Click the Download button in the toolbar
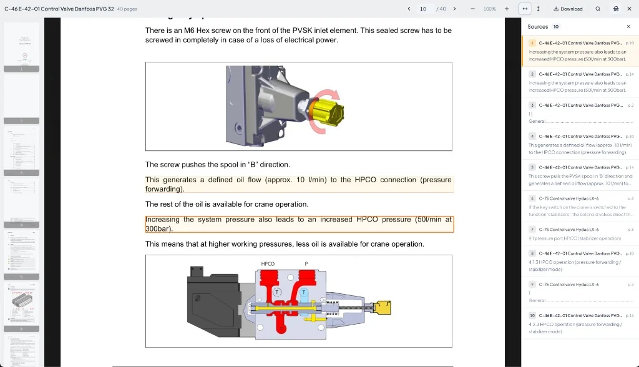pyautogui.click(x=568, y=9)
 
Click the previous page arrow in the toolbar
pyautogui.click(x=409, y=9)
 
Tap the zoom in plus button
pyautogui.click(x=506, y=9)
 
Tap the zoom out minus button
pyautogui.click(x=472, y=9)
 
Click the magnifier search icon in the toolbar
pyautogui.click(x=598, y=9)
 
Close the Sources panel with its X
pyautogui.click(x=628, y=27)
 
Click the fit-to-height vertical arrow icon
pyautogui.click(x=538, y=9)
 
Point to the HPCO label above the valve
pyautogui.click(x=268, y=264)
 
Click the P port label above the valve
pyautogui.click(x=306, y=264)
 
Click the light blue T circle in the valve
pyautogui.click(x=304, y=292)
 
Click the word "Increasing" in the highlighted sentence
pyautogui.click(x=162, y=220)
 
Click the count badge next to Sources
pyautogui.click(x=556, y=27)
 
